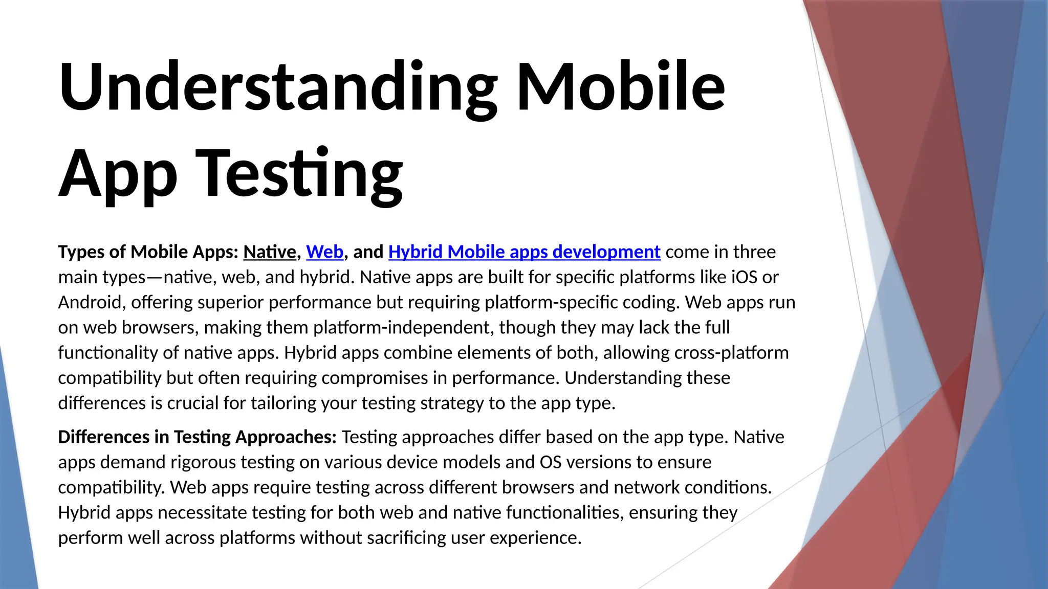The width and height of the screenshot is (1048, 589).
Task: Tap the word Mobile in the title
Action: point(620,87)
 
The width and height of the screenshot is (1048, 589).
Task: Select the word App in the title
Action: point(118,174)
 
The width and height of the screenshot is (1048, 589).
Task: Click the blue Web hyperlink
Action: point(324,252)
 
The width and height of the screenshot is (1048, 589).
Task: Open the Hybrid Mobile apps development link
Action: point(524,252)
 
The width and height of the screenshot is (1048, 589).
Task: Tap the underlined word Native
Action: point(270,252)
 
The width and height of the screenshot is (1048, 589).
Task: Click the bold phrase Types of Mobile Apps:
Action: point(148,252)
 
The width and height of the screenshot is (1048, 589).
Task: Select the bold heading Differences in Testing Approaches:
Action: point(197,437)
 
